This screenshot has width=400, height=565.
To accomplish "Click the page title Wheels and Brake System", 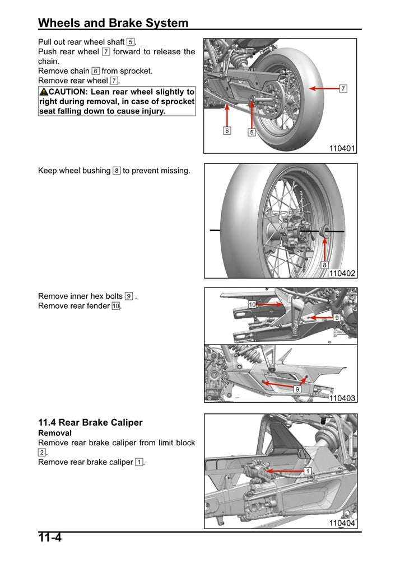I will (113, 23).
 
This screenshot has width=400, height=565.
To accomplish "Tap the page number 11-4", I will (50, 538).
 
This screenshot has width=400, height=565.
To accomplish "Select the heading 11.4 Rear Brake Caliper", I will (90, 422).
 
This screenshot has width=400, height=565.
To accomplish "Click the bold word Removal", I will (55, 433).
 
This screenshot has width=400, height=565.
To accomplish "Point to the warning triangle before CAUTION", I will (44, 92).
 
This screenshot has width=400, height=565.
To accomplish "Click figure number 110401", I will (342, 148).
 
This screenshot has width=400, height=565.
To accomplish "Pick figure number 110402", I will (342, 274).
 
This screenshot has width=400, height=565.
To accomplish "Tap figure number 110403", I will (342, 398).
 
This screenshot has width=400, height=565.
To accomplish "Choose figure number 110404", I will (342, 524).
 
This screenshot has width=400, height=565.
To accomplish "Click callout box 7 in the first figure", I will (343, 88).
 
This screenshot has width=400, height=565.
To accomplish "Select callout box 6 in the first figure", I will (227, 131).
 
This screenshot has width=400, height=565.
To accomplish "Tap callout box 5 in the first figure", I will (252, 133).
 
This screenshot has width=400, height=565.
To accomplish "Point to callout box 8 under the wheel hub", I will (324, 265).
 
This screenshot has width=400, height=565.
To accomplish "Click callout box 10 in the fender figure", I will (252, 304).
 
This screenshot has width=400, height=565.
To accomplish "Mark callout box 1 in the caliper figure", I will (308, 472).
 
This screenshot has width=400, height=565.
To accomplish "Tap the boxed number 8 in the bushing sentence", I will (117, 171).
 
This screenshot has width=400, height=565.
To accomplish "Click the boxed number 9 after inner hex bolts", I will (129, 296).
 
